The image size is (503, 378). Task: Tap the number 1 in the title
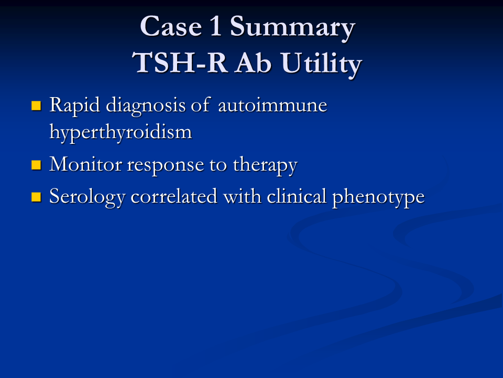(x=216, y=27)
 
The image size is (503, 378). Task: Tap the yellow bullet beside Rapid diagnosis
(x=36, y=106)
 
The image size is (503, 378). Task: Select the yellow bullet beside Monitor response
(x=36, y=165)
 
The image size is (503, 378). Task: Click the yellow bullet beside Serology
(x=36, y=197)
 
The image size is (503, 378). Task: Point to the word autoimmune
(x=272, y=106)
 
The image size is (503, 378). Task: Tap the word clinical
(x=297, y=197)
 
